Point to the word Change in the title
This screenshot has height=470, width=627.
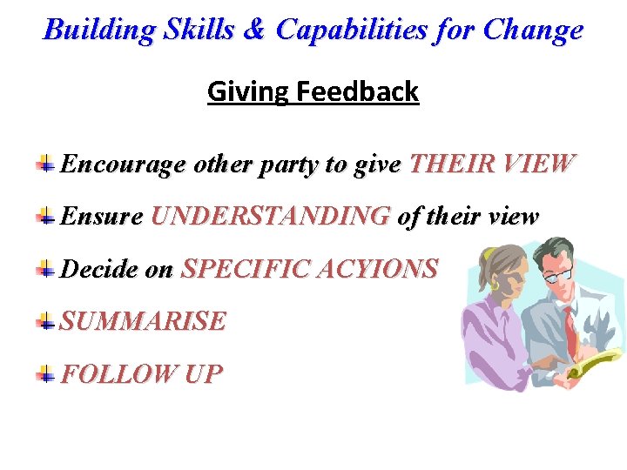pos(533,30)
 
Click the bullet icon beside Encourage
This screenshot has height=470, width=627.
pos(45,163)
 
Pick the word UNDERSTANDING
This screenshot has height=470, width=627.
pos(270,216)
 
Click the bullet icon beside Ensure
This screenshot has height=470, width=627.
pos(45,216)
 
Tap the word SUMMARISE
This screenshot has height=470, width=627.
pos(143,321)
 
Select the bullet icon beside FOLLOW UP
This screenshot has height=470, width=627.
pos(45,374)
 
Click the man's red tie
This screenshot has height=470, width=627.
pos(570,327)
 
